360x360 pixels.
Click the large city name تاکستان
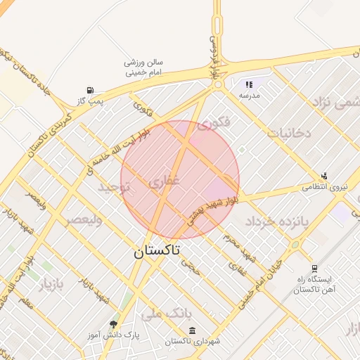coord(157,250)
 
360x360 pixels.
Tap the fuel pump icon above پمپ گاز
coord(90,90)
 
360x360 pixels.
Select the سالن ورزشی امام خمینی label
coord(143,67)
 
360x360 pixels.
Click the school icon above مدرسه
coord(249,84)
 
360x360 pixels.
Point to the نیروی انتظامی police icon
coord(324,176)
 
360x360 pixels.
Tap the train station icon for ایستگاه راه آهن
coord(314,268)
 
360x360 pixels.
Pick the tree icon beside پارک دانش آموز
coord(113,323)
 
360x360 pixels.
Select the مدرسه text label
coord(250,95)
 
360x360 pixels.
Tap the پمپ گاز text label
coord(91,101)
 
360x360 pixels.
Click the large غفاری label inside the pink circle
coord(165,182)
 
